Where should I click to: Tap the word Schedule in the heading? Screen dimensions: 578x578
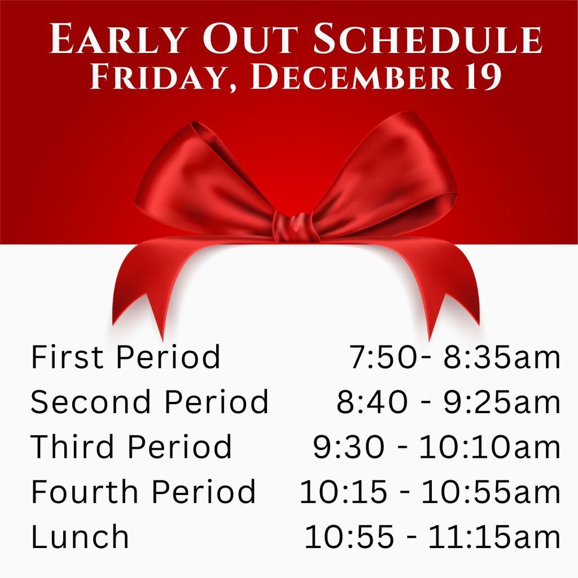click(427, 40)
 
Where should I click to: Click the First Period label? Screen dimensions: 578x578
click(125, 357)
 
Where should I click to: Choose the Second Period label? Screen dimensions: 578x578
click(149, 402)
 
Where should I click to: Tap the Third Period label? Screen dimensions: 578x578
click(131, 446)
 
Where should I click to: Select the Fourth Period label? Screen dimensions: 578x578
click(143, 492)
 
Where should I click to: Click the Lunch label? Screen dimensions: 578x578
click(80, 536)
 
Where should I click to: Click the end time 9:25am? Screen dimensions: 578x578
click(502, 402)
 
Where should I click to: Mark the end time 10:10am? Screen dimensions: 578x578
click(490, 447)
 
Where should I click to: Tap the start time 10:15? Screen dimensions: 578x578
click(343, 492)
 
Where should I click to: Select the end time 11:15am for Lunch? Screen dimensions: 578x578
click(494, 537)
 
